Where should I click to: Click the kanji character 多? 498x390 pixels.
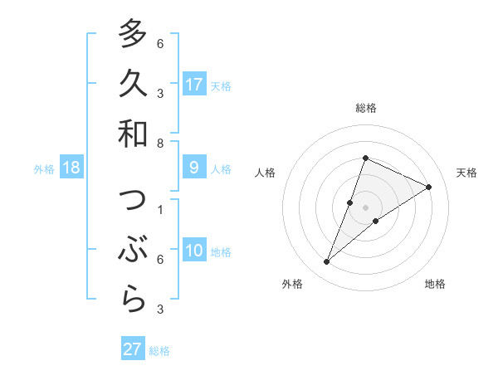pos(133,34)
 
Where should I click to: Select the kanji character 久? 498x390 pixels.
pos(133,84)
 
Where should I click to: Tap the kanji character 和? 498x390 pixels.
pos(133,134)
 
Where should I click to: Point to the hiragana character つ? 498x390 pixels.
pos(133,201)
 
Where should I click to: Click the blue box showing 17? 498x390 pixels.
pos(194,84)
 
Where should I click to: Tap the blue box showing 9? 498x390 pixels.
pos(194,168)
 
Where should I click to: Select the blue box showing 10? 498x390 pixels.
pos(194,251)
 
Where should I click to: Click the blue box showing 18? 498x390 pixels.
pos(71,168)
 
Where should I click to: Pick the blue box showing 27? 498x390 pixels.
pos(133,349)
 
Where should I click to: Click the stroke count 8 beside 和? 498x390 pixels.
pos(160,144)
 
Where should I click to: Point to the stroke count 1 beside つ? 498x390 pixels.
pos(160,209)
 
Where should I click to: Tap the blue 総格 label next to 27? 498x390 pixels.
pos(159,350)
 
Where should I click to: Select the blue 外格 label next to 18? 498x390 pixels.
pos(44,168)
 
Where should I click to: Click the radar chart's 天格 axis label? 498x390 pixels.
pos(466,173)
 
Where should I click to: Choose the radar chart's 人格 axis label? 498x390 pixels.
pos(266,173)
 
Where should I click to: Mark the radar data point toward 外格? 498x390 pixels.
pos(326,262)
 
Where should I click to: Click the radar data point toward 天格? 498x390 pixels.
pos(428,188)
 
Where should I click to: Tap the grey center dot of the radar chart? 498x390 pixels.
pos(365,207)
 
